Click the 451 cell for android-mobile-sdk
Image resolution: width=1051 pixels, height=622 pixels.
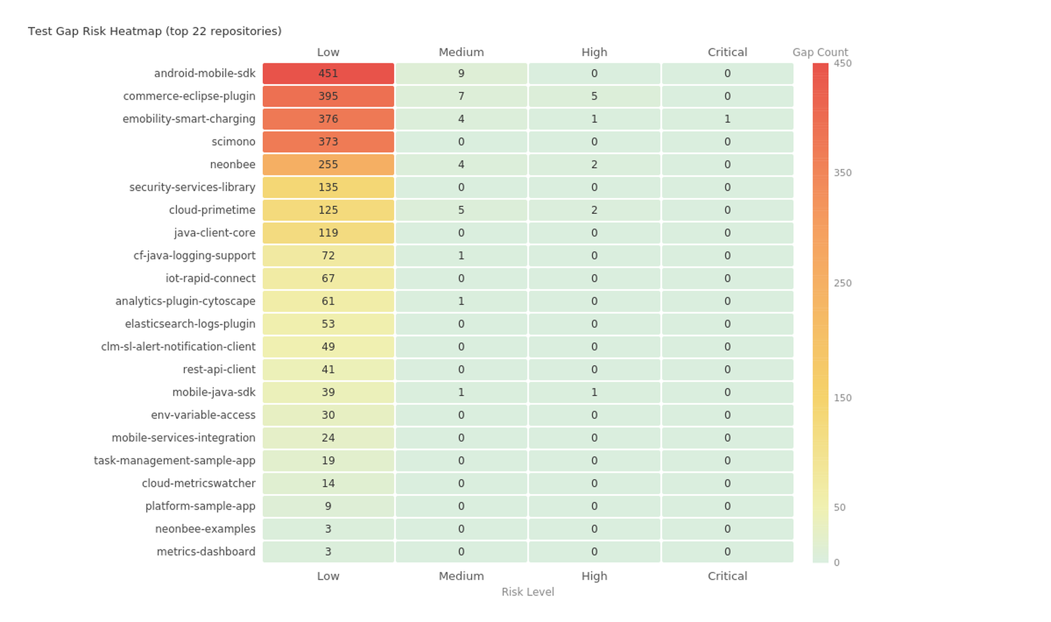pyautogui.click(x=328, y=74)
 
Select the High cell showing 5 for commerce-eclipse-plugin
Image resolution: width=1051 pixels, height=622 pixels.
pyautogui.click(x=594, y=96)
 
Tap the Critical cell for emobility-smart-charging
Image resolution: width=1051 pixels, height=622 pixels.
pyautogui.click(x=727, y=119)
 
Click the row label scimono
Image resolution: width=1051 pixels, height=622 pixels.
pyautogui.click(x=233, y=142)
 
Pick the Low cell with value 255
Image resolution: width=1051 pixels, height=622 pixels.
pyautogui.click(x=328, y=165)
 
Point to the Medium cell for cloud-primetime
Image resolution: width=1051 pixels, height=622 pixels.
pyautogui.click(x=461, y=210)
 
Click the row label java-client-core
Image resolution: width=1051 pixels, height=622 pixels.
pyautogui.click(x=214, y=233)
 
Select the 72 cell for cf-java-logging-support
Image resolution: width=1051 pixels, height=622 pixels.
pyautogui.click(x=328, y=256)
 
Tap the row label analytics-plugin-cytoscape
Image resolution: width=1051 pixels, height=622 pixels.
pyautogui.click(x=185, y=301)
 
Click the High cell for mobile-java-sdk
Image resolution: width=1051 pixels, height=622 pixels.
pyautogui.click(x=594, y=392)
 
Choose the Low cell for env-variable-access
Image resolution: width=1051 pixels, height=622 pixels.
pyautogui.click(x=328, y=415)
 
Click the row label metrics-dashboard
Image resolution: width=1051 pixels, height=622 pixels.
pyautogui.click(x=206, y=552)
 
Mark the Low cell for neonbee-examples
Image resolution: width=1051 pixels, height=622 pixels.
pyautogui.click(x=328, y=529)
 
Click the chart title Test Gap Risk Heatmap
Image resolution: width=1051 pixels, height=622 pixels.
pyautogui.click(x=154, y=31)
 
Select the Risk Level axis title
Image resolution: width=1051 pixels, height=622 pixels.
pyautogui.click(x=528, y=592)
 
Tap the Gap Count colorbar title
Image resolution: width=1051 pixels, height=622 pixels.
pyautogui.click(x=820, y=53)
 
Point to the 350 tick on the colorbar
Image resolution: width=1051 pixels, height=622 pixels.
pyautogui.click(x=842, y=173)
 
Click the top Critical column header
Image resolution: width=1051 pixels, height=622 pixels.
pyautogui.click(x=727, y=53)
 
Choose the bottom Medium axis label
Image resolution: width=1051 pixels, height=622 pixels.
pyautogui.click(x=461, y=576)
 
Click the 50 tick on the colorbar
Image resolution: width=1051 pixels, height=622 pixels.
pyautogui.click(x=839, y=508)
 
